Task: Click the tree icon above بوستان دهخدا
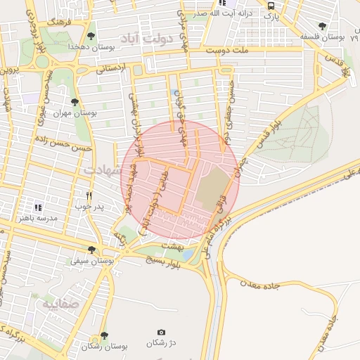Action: [91, 34]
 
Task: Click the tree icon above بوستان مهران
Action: [75, 102]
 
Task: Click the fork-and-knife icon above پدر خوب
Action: [89, 195]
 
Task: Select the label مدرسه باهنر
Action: [39, 219]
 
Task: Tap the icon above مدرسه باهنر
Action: [39, 207]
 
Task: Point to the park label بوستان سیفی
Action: [90, 261]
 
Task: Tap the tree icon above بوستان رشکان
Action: [104, 335]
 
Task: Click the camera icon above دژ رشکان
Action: [161, 332]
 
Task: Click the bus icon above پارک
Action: [271, 6]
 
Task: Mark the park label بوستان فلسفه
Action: [320, 36]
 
